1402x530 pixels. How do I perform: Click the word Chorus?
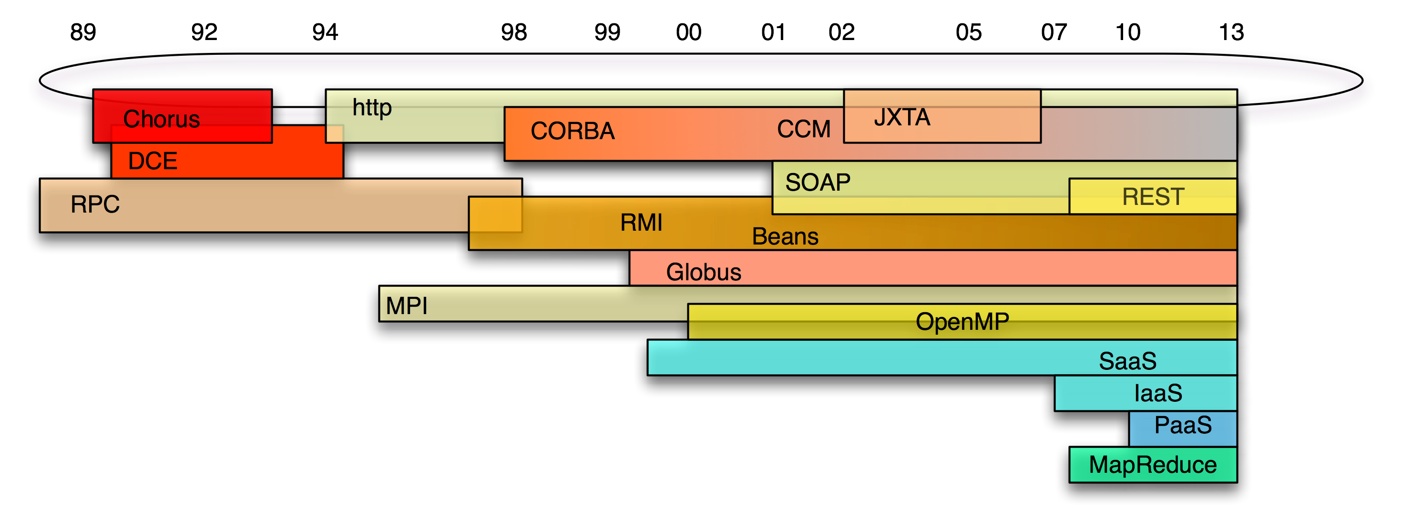[x=161, y=119]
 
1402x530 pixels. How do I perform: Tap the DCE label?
[x=153, y=161]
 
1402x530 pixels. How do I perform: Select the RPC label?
[x=95, y=204]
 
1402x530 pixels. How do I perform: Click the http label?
[x=372, y=108]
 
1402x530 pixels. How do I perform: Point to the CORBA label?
[x=573, y=131]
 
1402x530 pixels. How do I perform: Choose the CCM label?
[x=803, y=130]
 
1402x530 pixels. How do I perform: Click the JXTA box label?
[x=902, y=118]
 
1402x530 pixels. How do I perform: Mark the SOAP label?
[x=818, y=182]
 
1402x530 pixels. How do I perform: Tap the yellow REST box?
[x=1153, y=196]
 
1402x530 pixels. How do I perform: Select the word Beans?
[x=785, y=237]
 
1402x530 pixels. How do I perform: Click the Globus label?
[x=703, y=272]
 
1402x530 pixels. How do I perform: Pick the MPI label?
[x=406, y=306]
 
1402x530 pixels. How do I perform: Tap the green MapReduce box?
[x=1153, y=465]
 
